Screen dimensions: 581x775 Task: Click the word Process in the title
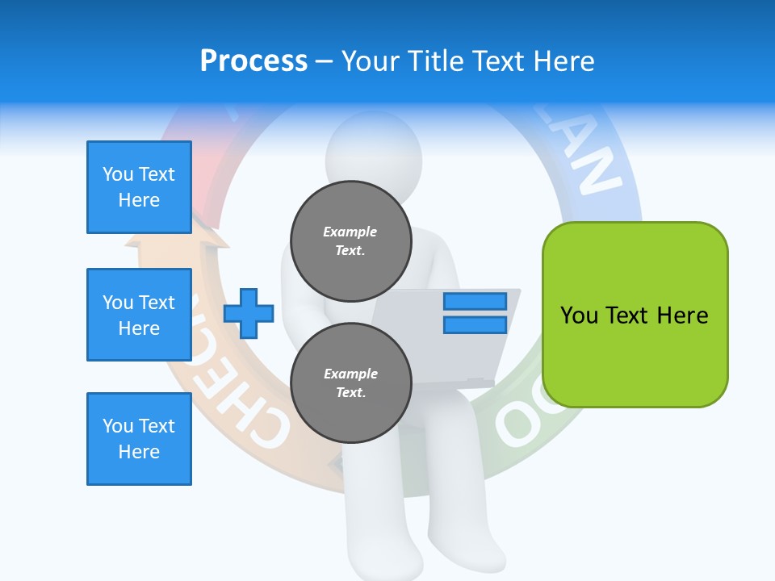pyautogui.click(x=253, y=61)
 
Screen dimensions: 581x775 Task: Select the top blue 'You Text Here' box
pyautogui.click(x=139, y=187)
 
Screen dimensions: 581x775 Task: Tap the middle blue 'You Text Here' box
pyautogui.click(x=139, y=315)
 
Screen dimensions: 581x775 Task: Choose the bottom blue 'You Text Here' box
pyautogui.click(x=139, y=439)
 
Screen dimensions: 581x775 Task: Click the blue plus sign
pyautogui.click(x=249, y=313)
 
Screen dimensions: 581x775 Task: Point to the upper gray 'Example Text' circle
pyautogui.click(x=350, y=240)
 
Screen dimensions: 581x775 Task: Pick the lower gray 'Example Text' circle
pyautogui.click(x=350, y=382)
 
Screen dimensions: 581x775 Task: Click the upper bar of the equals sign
pyautogui.click(x=475, y=302)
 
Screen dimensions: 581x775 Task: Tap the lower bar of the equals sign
pyautogui.click(x=475, y=324)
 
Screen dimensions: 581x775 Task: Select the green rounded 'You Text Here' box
pyautogui.click(x=635, y=315)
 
